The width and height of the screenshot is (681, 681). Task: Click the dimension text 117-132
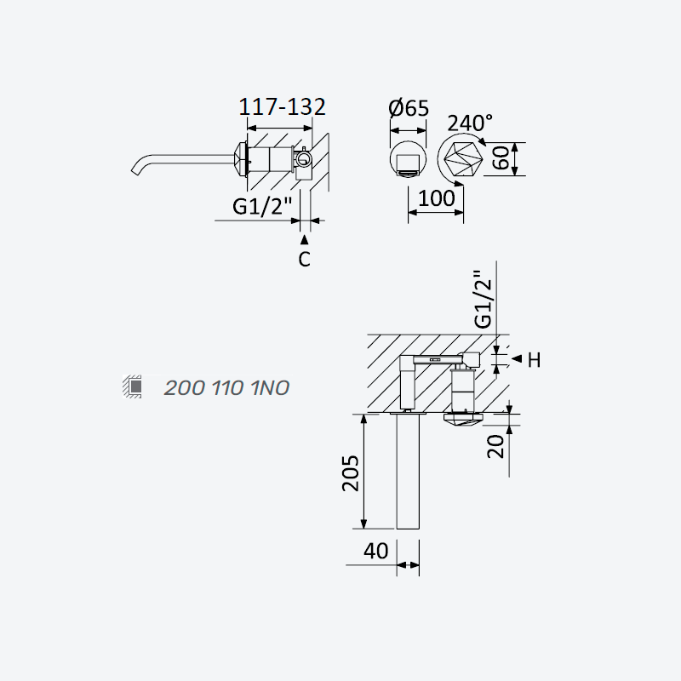click(283, 107)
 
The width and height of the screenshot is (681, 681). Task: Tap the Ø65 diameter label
click(409, 108)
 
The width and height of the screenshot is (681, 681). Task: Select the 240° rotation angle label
click(470, 123)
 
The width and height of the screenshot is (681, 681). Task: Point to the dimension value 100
click(436, 198)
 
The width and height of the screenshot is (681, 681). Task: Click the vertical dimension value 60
click(501, 157)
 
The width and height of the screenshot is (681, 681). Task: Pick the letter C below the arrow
click(305, 260)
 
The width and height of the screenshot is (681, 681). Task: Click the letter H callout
click(535, 360)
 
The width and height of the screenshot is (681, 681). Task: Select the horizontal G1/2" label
click(262, 206)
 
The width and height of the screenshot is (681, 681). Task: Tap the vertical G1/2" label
click(484, 300)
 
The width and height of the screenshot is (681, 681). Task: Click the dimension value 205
click(351, 473)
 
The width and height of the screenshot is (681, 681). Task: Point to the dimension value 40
click(375, 551)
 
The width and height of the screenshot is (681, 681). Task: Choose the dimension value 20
click(495, 446)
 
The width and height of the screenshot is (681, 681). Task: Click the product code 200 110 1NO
click(226, 388)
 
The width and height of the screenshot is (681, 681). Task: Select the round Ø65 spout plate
click(408, 159)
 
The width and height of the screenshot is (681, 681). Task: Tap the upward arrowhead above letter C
click(305, 239)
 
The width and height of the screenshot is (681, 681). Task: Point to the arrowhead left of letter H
click(517, 358)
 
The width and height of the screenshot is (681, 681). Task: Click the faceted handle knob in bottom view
click(463, 419)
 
